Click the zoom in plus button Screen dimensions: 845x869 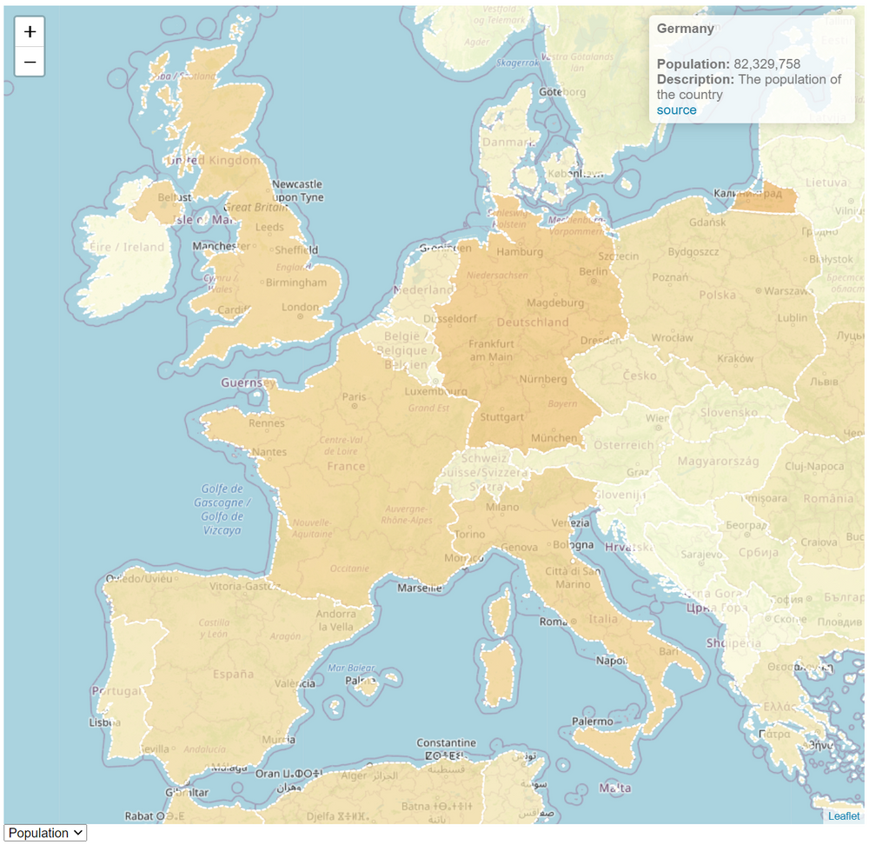point(30,32)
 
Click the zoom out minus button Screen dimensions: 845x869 point(30,62)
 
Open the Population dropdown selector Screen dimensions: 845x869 point(45,833)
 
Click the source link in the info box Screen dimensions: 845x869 point(676,110)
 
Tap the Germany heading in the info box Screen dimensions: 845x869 point(685,29)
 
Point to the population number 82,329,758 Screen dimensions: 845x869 point(766,64)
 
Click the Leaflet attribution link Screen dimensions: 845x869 point(843,815)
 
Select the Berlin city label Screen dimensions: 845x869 point(594,271)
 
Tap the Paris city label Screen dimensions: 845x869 point(354,397)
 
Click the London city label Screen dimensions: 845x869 point(301,307)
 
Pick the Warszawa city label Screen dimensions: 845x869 point(788,290)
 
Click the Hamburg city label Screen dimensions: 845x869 point(519,252)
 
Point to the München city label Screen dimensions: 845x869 point(554,438)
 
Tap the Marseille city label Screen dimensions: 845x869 point(418,588)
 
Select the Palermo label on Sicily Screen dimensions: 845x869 point(592,722)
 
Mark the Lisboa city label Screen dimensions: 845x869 point(104,722)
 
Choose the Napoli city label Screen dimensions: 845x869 point(611,661)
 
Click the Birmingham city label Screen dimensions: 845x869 point(296,283)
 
